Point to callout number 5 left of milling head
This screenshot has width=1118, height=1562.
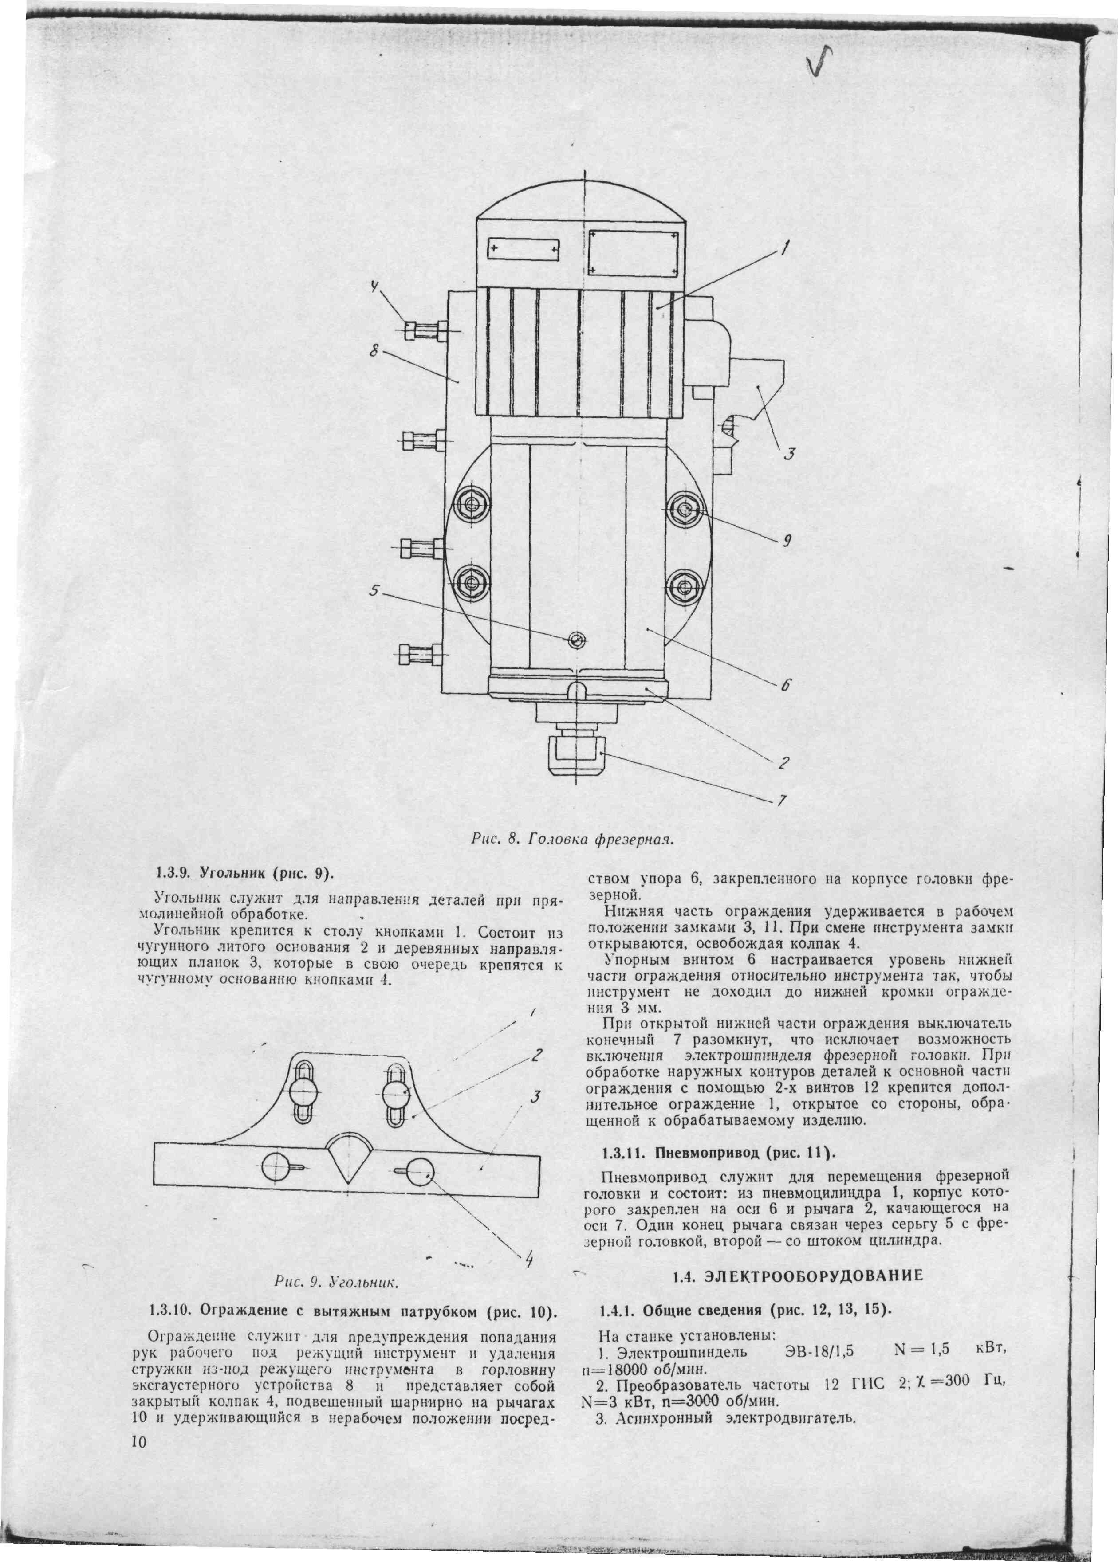374,590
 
